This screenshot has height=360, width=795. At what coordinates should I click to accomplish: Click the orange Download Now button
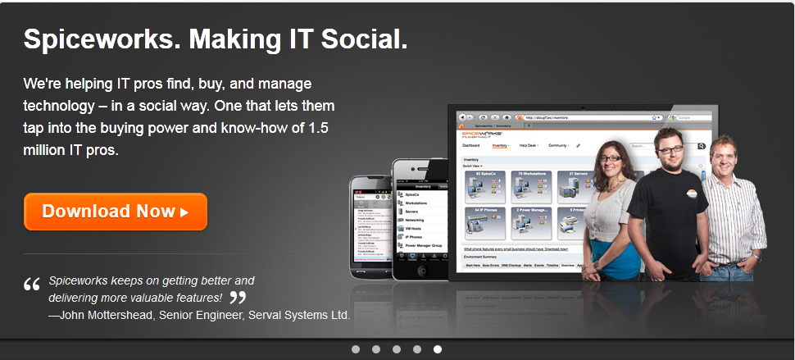pos(116,211)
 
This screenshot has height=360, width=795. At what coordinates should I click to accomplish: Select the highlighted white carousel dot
pos(438,349)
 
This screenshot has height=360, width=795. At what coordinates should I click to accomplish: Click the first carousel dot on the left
pos(356,349)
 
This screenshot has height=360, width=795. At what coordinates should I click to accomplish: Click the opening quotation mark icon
pos(32,285)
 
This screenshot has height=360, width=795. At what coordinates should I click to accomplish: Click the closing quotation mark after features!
pos(238,298)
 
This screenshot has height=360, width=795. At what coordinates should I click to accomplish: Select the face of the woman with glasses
pos(612,155)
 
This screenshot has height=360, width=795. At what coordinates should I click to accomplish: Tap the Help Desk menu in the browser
pos(529,145)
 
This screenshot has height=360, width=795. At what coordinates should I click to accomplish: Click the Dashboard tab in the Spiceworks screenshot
pos(470,145)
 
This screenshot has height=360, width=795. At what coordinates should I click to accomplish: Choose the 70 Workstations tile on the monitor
pos(529,187)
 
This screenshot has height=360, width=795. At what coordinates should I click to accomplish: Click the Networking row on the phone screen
pos(416,220)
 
